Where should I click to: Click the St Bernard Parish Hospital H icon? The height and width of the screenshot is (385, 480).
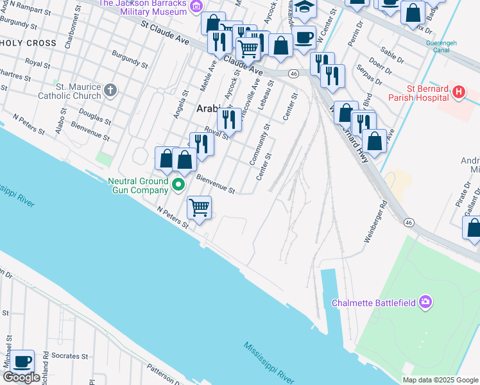458,92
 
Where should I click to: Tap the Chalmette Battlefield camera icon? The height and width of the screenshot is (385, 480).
424,302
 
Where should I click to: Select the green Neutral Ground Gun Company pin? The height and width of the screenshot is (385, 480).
179,186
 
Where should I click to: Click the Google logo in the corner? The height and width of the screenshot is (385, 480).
21,377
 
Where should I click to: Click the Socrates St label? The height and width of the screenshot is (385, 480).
71,356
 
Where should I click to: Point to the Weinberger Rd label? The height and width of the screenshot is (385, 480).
376,222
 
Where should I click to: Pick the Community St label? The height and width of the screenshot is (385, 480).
259,145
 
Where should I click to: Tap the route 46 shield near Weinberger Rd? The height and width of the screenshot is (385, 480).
409,222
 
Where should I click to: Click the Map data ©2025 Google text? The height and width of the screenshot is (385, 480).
440,380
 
